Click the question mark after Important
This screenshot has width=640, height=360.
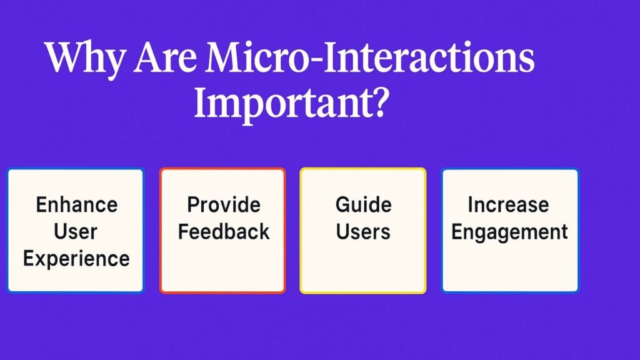(x=380, y=101)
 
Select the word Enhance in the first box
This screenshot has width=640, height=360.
(x=77, y=204)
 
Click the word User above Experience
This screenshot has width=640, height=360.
(x=76, y=231)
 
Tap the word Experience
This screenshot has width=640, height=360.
(x=76, y=259)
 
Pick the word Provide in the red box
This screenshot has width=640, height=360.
(x=224, y=204)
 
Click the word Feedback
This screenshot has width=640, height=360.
(x=224, y=231)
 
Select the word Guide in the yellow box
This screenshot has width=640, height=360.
(x=363, y=204)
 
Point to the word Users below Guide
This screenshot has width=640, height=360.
(x=363, y=231)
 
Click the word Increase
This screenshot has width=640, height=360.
(x=508, y=204)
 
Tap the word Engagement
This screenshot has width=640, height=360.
(x=509, y=232)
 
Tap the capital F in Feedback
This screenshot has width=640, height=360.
(x=184, y=231)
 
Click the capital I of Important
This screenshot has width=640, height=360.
(x=202, y=102)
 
